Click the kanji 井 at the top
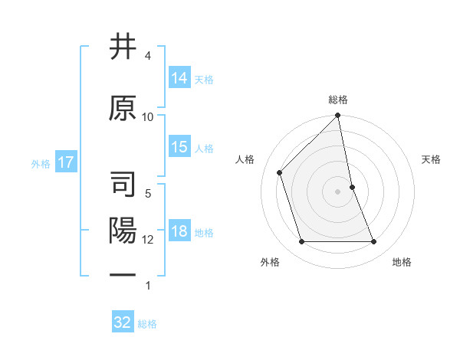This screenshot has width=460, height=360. point(123,47)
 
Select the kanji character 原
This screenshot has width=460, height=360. point(123,108)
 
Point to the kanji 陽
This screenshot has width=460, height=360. point(123,231)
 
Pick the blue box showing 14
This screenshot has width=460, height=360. point(179,78)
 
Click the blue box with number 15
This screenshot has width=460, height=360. point(179,148)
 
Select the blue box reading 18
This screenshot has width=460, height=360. point(179,232)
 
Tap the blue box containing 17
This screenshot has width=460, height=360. point(66,162)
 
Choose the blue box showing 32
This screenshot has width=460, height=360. point(123,322)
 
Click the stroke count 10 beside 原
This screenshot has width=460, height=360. point(148,116)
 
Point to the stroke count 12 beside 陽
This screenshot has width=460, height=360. point(148,240)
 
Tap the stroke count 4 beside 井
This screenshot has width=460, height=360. point(148,56)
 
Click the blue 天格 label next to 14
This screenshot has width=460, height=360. point(204,79)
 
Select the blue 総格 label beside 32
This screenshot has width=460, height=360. point(147,323)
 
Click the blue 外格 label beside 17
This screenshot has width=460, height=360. point(41,163)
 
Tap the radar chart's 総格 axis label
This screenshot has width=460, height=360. point(338,100)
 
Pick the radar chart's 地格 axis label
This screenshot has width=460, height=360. point(402,262)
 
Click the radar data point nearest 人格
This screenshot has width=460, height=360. point(280,172)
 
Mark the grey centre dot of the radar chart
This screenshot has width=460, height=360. point(338,191)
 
